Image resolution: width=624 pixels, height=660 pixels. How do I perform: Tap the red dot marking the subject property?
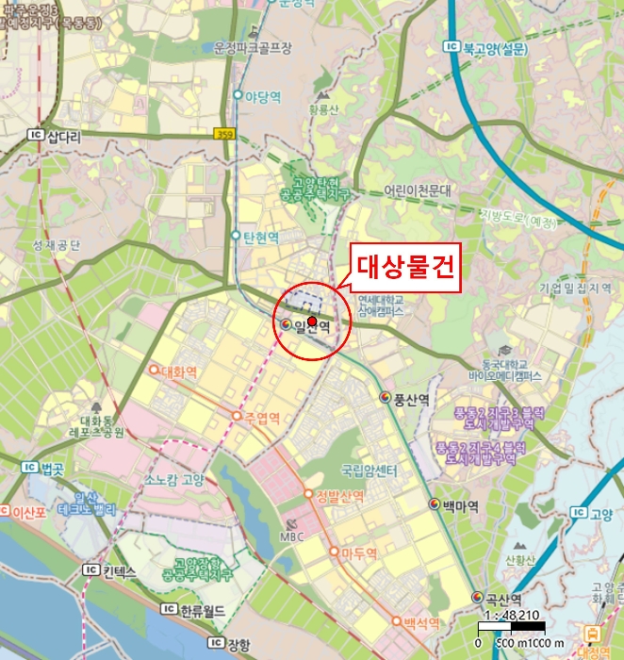[312, 321]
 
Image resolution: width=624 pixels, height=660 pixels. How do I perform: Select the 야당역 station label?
[265, 95]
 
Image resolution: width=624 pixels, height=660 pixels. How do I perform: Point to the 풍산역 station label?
[411, 399]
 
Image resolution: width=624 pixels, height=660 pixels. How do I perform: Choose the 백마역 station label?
[459, 505]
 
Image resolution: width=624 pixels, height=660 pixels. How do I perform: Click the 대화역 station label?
[179, 371]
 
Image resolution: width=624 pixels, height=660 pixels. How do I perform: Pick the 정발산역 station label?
[340, 496]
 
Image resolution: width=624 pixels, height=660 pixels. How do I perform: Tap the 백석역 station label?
[421, 623]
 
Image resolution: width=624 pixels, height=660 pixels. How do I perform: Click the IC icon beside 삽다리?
[36, 136]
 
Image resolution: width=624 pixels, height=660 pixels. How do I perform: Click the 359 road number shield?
[223, 134]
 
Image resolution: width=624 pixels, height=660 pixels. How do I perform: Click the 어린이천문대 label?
[418, 190]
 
